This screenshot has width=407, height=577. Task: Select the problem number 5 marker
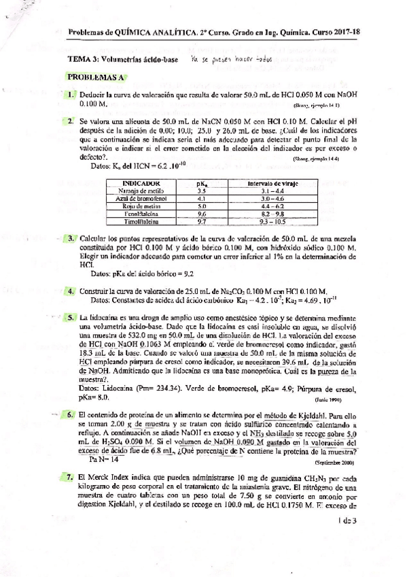pos(70,317)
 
